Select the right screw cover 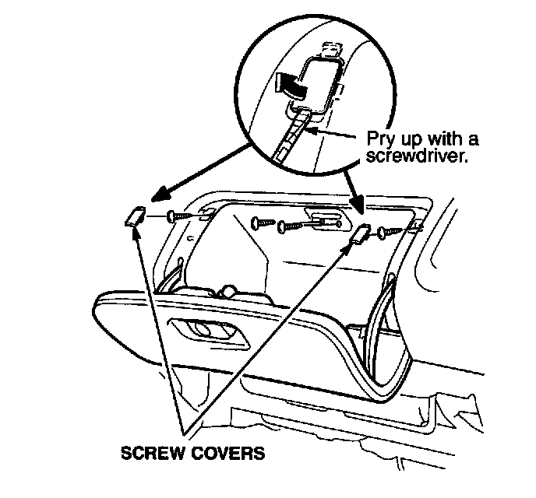click(361, 233)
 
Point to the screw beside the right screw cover click(390, 231)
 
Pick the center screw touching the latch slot click(298, 226)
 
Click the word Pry click(382, 139)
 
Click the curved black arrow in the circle click(287, 84)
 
